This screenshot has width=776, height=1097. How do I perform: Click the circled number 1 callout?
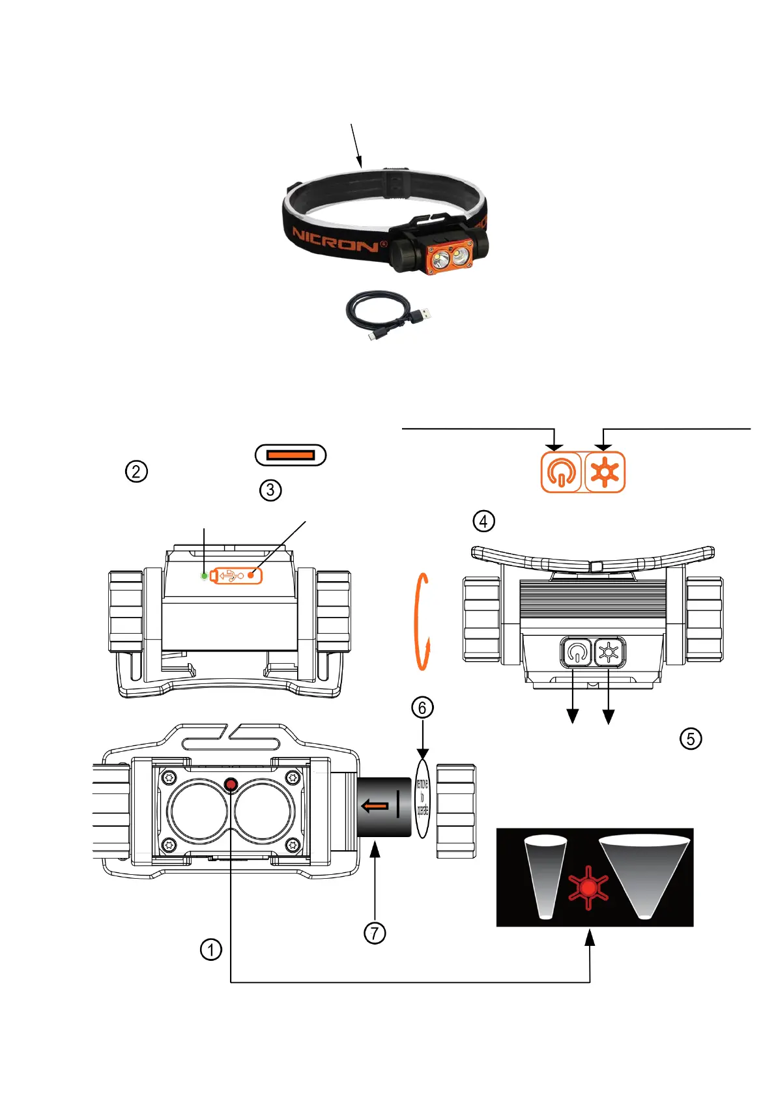tap(210, 949)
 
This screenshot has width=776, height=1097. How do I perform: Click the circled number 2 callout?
tap(136, 471)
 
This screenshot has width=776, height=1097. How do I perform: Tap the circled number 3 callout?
tap(270, 490)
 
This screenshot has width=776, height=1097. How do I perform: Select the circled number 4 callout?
tap(483, 521)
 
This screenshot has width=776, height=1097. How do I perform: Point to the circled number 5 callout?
tap(691, 738)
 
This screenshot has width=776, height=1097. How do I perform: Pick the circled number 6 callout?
tap(422, 707)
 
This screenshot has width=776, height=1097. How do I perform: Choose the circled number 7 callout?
tap(375, 933)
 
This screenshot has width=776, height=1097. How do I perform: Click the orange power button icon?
tap(560, 472)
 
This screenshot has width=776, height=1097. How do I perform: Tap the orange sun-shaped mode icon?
tap(605, 472)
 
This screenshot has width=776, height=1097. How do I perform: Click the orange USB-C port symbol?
tap(291, 455)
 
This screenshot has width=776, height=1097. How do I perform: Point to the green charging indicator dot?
tap(205, 576)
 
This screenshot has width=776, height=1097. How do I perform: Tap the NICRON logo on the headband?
tap(336, 240)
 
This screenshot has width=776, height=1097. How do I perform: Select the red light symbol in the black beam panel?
tap(588, 887)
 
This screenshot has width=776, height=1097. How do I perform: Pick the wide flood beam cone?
tap(644, 870)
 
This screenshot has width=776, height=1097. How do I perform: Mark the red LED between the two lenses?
tap(231, 785)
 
